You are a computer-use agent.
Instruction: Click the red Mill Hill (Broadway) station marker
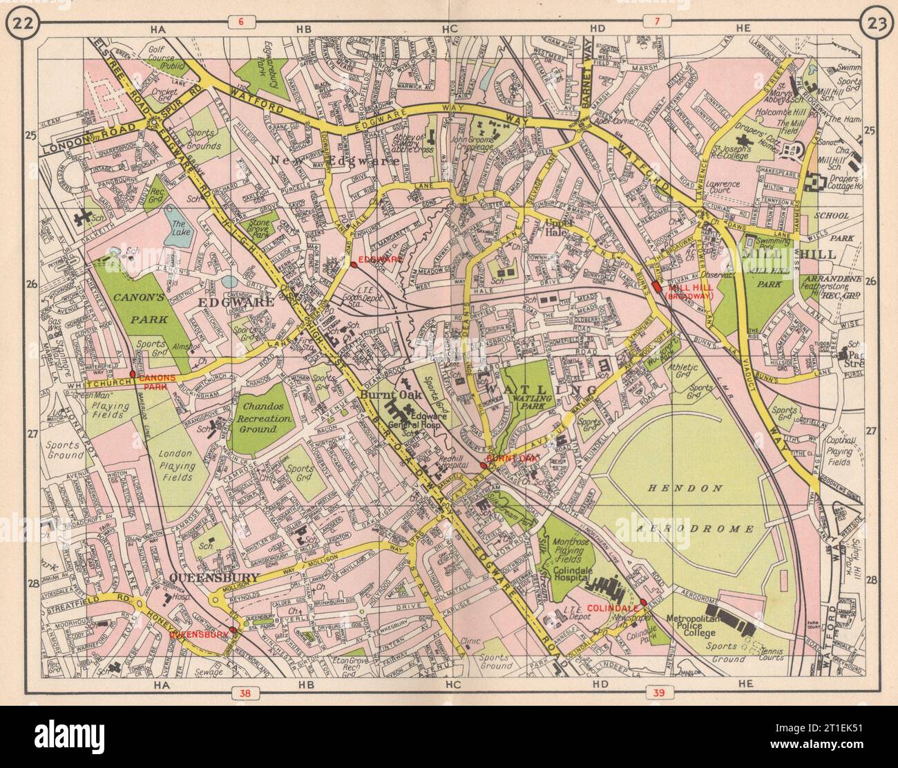pos(656,289)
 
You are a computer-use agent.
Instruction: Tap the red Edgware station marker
pos(354,263)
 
